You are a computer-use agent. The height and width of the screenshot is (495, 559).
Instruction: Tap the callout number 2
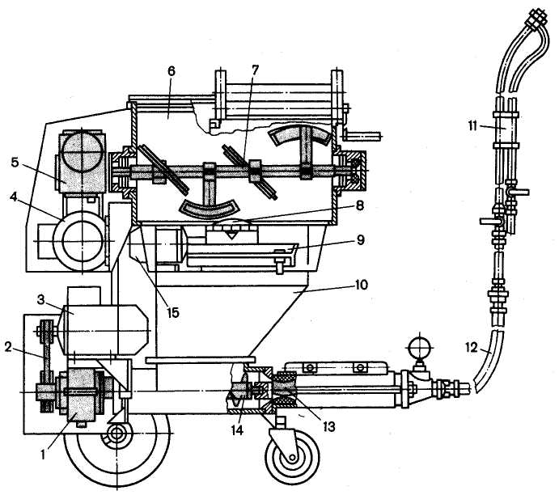[9, 346]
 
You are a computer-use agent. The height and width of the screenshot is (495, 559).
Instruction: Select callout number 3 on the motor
[41, 300]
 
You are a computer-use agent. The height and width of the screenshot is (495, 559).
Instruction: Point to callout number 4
[14, 196]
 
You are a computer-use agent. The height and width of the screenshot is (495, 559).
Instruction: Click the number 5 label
[15, 162]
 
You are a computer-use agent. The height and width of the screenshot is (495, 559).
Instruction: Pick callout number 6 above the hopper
[172, 71]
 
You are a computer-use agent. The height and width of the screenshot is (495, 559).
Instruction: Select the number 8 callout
[360, 205]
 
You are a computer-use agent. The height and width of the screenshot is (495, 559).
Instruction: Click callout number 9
[361, 240]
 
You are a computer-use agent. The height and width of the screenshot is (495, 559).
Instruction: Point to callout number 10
[361, 285]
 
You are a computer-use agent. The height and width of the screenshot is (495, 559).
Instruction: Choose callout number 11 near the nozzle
[473, 126]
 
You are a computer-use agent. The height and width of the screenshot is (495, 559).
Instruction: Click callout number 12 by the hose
[472, 347]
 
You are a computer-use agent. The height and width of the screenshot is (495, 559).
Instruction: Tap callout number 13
[328, 426]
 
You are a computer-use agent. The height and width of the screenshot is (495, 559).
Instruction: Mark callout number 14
[237, 430]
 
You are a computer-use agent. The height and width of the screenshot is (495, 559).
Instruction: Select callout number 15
[172, 312]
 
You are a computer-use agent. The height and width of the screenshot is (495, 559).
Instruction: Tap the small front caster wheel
[292, 456]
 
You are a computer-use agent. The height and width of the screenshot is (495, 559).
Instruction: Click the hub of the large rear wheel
[116, 432]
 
